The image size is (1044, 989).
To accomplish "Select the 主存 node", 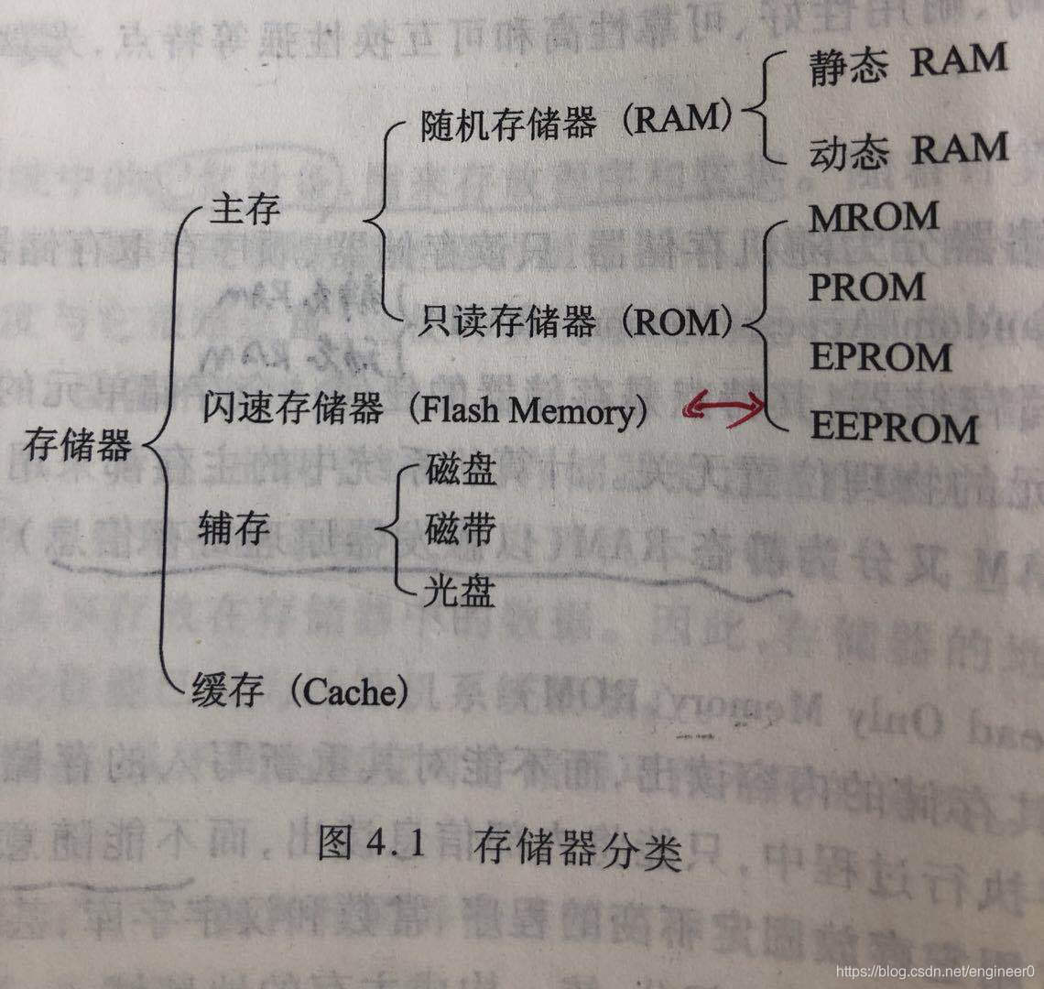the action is [x=245, y=211].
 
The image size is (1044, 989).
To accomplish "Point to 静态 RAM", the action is [x=908, y=64].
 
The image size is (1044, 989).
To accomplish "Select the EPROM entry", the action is [x=880, y=357].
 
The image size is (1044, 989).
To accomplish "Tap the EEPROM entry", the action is [x=894, y=428].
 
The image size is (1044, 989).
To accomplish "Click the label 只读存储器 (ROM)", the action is [x=577, y=321].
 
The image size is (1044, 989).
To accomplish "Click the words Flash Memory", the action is [x=526, y=411].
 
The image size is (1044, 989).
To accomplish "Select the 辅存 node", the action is [x=233, y=529].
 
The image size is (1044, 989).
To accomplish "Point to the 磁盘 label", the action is [x=461, y=470].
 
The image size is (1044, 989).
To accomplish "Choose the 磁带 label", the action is [x=461, y=528].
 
